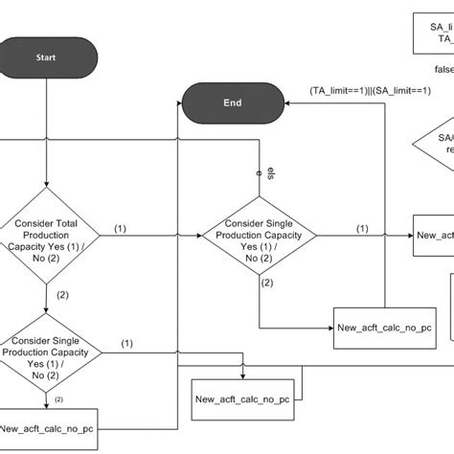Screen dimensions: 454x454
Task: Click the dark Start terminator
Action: click(46, 57)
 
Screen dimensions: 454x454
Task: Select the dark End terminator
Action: click(231, 102)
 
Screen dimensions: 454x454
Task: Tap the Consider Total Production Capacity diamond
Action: click(46, 236)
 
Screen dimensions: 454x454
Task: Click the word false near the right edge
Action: click(443, 69)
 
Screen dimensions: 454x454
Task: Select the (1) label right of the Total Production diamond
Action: click(121, 229)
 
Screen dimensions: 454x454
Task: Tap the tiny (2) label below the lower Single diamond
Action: click(58, 398)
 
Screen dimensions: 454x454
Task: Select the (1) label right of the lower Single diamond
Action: click(126, 343)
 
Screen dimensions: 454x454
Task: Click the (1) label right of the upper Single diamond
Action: click(362, 229)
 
